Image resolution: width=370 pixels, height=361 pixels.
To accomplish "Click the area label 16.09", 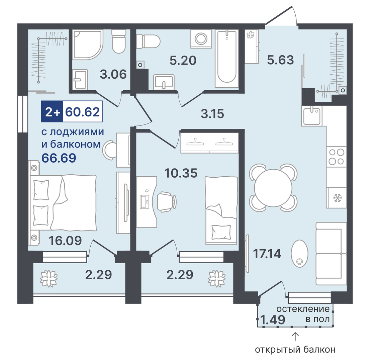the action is [x=65, y=241].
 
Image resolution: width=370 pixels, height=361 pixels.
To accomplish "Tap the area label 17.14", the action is [x=267, y=254].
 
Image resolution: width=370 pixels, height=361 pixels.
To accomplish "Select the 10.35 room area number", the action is [x=181, y=173].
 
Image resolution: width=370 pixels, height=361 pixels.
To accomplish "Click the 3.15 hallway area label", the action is [x=212, y=113].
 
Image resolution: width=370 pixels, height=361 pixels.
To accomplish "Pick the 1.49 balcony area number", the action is [x=273, y=320].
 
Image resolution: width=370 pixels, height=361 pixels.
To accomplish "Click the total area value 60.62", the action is [x=82, y=112].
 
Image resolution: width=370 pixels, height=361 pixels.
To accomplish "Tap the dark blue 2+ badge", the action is [x=52, y=111].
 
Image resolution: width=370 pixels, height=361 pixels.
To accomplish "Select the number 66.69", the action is [x=59, y=158].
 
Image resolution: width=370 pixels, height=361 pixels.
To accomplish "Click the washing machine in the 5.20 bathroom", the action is [x=201, y=38].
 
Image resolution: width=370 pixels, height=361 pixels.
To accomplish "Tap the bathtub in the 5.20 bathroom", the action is [x=226, y=59].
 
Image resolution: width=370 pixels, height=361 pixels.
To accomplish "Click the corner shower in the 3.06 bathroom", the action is [x=88, y=44].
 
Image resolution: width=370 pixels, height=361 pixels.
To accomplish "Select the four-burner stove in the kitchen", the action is [x=337, y=157].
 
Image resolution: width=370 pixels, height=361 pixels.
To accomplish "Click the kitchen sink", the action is [x=312, y=116].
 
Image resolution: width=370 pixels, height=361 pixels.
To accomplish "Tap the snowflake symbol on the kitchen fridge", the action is [x=337, y=198].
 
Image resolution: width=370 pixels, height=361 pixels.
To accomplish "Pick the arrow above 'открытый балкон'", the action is [x=295, y=337].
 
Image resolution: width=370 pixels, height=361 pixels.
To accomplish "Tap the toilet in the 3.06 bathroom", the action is [x=118, y=41].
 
